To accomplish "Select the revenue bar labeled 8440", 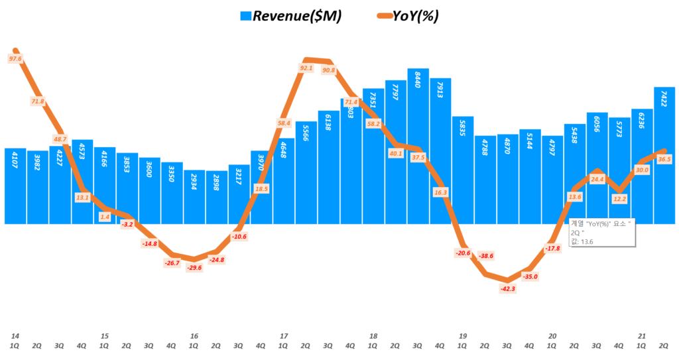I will pyautogui.click(x=418, y=146).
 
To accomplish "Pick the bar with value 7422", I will pyautogui.click(x=664, y=156).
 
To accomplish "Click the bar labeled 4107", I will pyautogui.click(x=15, y=186).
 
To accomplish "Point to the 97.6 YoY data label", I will pyautogui.click(x=16, y=59).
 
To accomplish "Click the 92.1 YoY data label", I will pyautogui.click(x=306, y=68).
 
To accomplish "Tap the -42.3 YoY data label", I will pyautogui.click(x=507, y=288).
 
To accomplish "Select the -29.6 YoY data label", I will pyautogui.click(x=194, y=267).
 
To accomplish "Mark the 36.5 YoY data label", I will pyautogui.click(x=664, y=159).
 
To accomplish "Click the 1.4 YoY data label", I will pyautogui.click(x=104, y=217).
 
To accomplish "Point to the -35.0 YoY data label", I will pyautogui.click(x=530, y=276).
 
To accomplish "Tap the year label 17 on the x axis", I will pyautogui.click(x=284, y=336).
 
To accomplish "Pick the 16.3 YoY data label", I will pyautogui.click(x=440, y=192).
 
